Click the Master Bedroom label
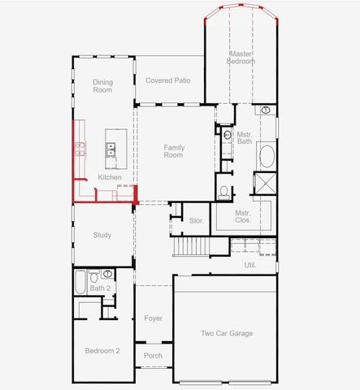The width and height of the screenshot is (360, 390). click(241, 58)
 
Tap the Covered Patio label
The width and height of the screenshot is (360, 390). click(167, 80)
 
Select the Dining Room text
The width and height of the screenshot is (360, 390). click(103, 85)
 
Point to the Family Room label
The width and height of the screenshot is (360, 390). click(174, 150)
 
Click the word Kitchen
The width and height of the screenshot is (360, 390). click(110, 177)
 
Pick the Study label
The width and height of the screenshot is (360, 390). click(102, 235)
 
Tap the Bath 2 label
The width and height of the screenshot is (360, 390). click(100, 288)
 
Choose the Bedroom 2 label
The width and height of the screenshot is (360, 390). click(102, 350)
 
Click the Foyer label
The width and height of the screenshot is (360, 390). click(153, 318)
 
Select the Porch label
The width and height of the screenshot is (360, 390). click(153, 355)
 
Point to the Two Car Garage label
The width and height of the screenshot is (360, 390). click(227, 333)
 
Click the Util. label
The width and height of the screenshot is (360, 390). click(250, 265)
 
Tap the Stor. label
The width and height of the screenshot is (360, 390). click(196, 220)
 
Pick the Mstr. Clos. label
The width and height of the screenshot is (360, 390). click(243, 216)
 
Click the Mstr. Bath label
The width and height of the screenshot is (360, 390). click(244, 138)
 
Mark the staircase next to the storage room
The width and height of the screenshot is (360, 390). click(193, 245)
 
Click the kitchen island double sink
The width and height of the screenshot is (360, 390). click(109, 149)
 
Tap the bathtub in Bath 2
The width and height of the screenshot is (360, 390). click(80, 284)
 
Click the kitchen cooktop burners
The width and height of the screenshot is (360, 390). click(80, 148)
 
